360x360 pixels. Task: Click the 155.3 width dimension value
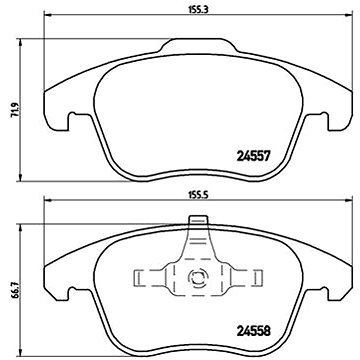[198, 10]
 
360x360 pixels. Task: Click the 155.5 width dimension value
[198, 196]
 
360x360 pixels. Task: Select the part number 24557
[253, 156]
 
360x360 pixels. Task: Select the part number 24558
[253, 331]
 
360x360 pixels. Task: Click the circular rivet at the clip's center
[197, 277]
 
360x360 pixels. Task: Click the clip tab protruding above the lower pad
[198, 220]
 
